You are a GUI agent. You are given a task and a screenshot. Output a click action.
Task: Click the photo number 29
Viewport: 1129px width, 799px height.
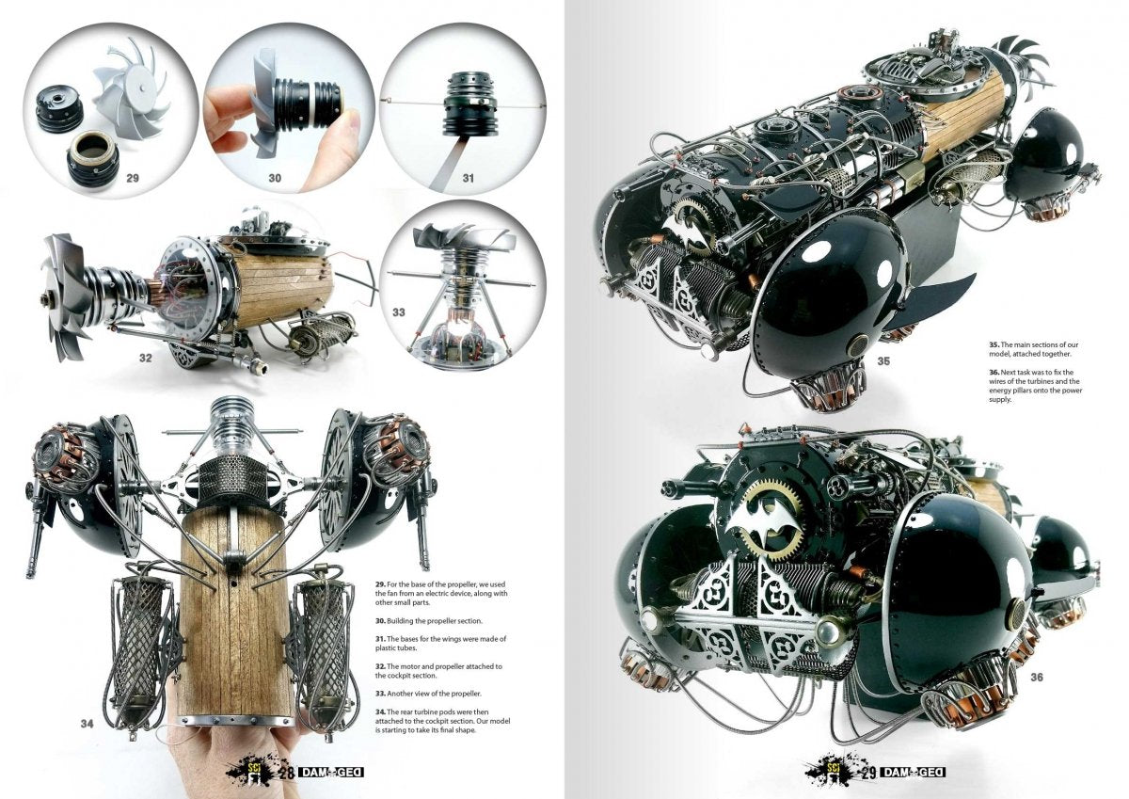(x=133, y=178)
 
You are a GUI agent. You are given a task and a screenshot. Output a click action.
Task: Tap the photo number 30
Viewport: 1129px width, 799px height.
(x=275, y=178)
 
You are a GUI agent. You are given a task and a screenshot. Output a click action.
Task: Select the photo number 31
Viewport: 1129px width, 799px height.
(x=469, y=178)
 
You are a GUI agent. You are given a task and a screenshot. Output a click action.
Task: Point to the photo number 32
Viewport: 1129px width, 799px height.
(x=145, y=358)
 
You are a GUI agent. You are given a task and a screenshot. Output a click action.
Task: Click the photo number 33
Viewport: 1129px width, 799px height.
(x=399, y=312)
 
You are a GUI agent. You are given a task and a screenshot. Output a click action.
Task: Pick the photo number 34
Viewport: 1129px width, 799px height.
(x=87, y=724)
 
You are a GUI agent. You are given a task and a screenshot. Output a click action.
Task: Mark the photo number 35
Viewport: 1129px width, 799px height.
(x=883, y=361)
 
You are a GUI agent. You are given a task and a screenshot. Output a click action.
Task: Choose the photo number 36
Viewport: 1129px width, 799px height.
(x=1037, y=677)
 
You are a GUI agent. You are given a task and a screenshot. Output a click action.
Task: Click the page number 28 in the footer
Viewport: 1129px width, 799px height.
(x=287, y=773)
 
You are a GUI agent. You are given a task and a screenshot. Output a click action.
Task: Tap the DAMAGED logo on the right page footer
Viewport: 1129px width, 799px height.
(x=914, y=773)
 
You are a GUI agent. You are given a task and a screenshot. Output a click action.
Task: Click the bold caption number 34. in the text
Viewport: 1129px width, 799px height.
(x=380, y=711)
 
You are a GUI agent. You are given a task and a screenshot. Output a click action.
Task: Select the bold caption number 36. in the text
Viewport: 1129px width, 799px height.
(x=994, y=372)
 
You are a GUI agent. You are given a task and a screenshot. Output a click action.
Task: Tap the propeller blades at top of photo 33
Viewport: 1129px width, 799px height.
(x=462, y=240)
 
